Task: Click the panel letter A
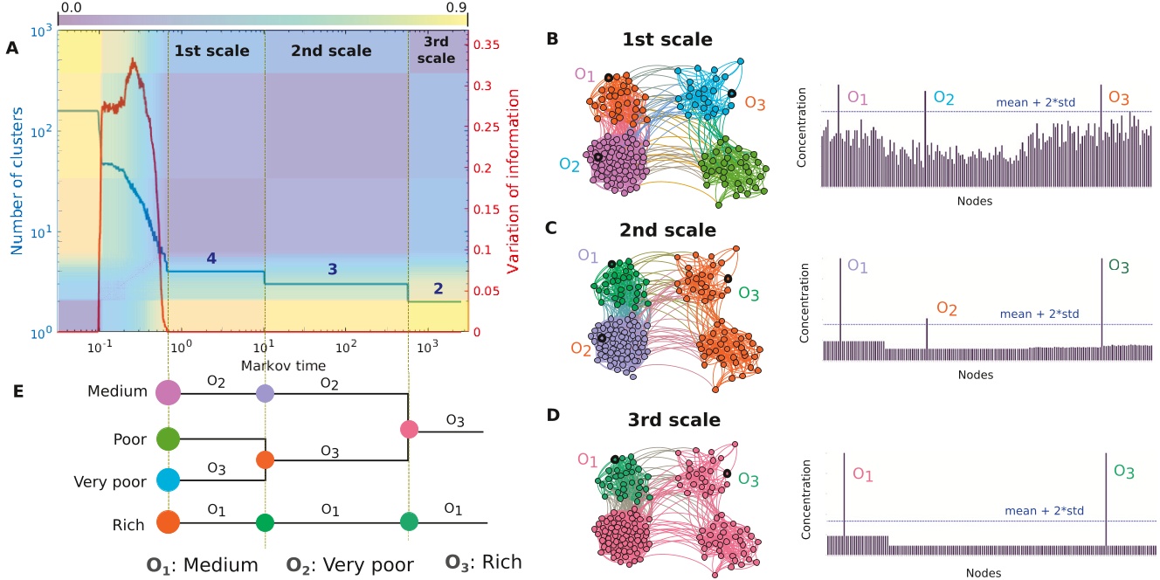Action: coord(12,48)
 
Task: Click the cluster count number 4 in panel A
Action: coord(211,258)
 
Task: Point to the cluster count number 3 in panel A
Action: coord(333,269)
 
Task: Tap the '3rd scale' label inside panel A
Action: coord(436,50)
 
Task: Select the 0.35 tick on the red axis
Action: coord(487,45)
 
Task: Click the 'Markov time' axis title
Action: coord(283,366)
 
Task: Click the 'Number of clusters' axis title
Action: coord(17,181)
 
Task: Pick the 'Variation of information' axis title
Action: coord(513,181)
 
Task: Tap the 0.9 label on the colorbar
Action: coord(456,7)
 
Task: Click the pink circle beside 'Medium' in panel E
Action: coord(169,392)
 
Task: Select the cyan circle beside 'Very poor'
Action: coord(168,480)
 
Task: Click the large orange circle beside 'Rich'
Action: coord(169,522)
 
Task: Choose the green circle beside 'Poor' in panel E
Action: coord(168,438)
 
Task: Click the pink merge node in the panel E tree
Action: coord(409,429)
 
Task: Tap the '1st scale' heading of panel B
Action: coord(667,39)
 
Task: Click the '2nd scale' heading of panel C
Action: coord(668,230)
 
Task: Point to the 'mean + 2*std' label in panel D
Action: coord(1044,511)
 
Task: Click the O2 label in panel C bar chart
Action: coord(947,308)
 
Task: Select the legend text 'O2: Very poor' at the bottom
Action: coord(350,564)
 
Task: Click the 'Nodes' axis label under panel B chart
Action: coord(975,201)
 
